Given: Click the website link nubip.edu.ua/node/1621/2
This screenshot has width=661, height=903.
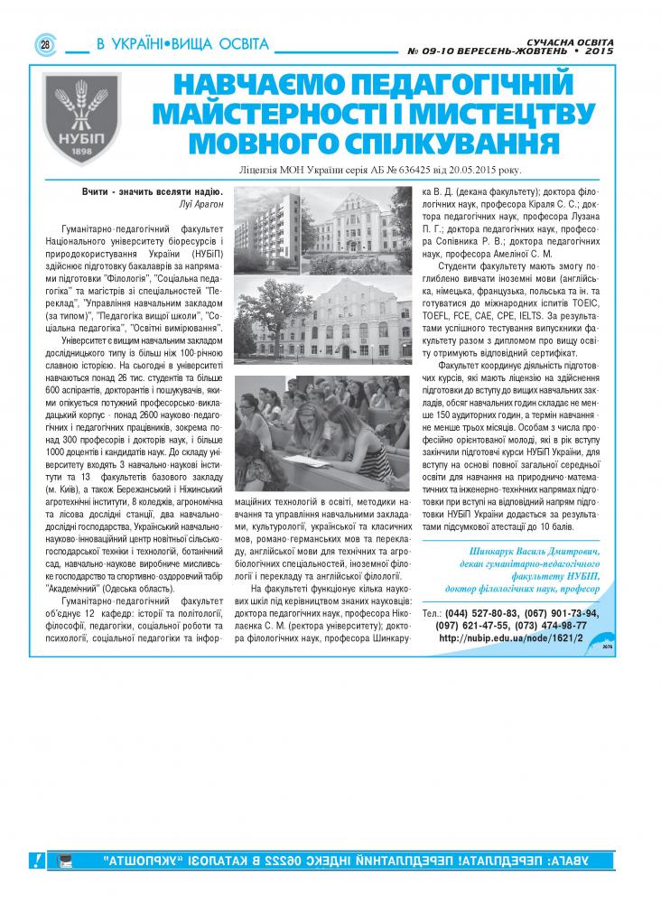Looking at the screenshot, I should (x=510, y=638).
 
